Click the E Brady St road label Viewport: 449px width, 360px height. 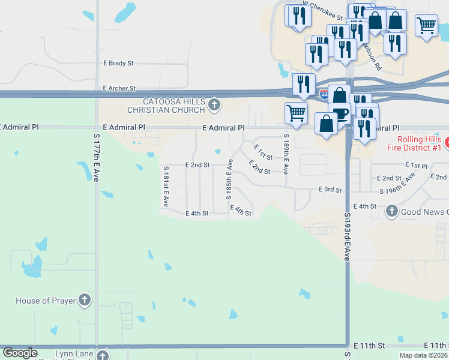click(x=118, y=63)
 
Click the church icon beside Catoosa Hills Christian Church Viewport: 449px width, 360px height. click(x=214, y=106)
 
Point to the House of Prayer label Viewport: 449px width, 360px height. click(x=44, y=301)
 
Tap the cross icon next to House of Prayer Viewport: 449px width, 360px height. click(x=85, y=300)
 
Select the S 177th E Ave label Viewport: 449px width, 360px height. click(x=96, y=157)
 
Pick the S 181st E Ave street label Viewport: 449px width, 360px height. click(x=165, y=186)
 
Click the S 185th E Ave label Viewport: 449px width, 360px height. click(x=229, y=179)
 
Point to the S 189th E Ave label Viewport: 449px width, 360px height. click(x=286, y=154)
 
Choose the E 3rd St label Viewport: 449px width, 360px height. click(x=330, y=190)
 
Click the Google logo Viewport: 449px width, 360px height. click(x=20, y=353)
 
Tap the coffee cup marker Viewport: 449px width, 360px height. click(x=340, y=113)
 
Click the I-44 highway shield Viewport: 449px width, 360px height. click(x=324, y=95)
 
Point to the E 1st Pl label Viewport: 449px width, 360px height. click(x=416, y=165)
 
